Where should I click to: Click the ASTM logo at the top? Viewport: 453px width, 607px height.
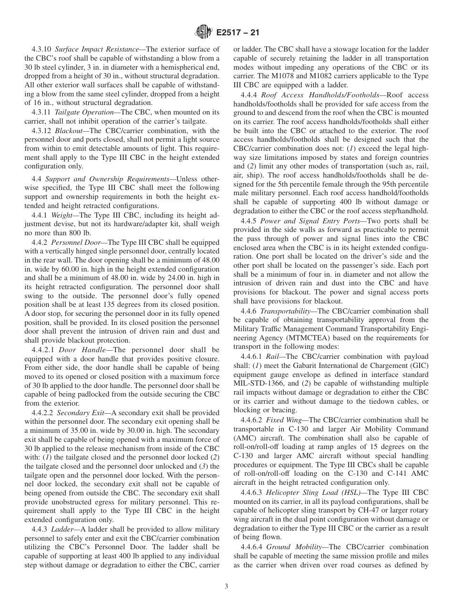[204, 32]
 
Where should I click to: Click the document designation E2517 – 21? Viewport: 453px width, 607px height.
[237, 33]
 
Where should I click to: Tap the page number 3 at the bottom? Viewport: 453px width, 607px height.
[226, 586]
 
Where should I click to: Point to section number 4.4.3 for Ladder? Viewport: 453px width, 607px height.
[40, 529]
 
